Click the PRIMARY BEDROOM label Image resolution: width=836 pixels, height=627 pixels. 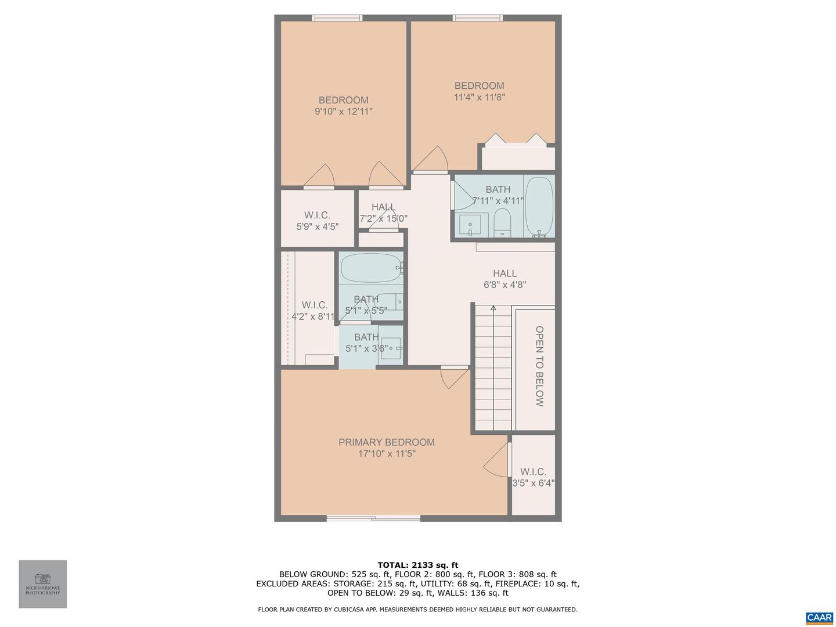coord(386,442)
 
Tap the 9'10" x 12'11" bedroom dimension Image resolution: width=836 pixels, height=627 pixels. coord(343,111)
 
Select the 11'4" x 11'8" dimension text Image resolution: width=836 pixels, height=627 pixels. coord(479,98)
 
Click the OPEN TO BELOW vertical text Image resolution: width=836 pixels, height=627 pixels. coord(539,366)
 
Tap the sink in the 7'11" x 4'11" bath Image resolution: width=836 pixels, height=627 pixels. coord(470,224)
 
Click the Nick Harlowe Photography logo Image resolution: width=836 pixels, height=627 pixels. coord(43,583)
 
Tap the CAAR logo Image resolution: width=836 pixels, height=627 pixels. coord(819,618)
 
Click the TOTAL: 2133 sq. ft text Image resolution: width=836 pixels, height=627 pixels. coord(417,565)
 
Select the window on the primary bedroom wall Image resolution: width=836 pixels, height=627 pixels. coord(373,518)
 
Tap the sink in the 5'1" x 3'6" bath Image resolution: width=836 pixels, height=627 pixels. coord(391,348)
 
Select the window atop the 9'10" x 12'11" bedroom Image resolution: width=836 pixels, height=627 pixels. coord(337,18)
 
